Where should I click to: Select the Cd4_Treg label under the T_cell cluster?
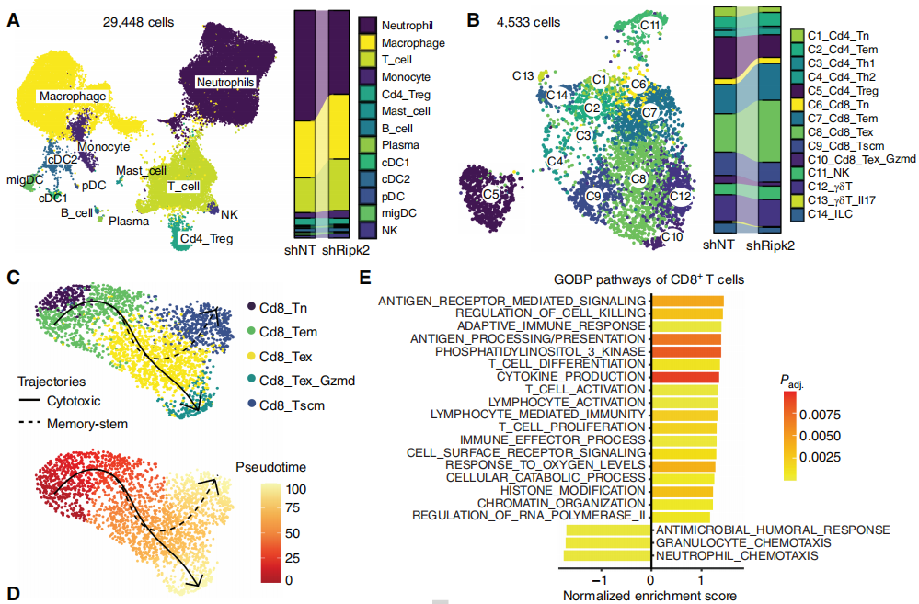pos(207,239)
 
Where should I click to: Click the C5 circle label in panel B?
pos(491,194)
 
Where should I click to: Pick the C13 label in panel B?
pos(523,75)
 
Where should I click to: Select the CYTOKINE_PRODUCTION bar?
pos(685,378)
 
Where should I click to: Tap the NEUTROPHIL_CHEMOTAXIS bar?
pos(607,555)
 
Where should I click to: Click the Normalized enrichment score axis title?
pos(649,595)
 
